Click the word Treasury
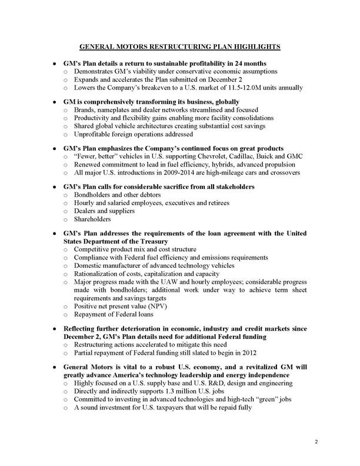pos(176,241)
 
